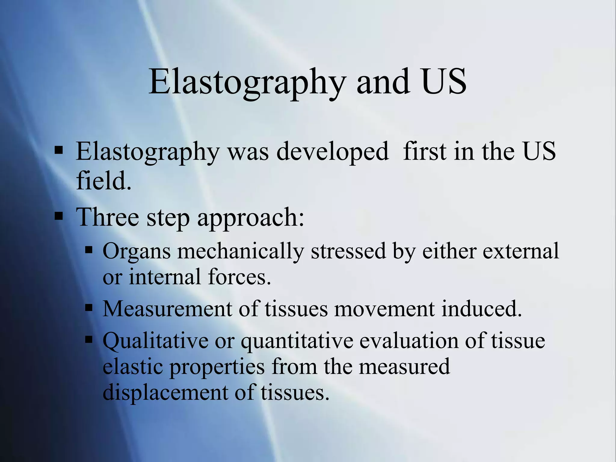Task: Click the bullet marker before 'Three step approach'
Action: (59, 216)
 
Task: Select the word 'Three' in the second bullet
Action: (107, 217)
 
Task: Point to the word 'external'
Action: (521, 251)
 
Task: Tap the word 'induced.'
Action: (481, 309)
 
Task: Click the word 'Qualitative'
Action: (155, 341)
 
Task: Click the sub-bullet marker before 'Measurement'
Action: (89, 308)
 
